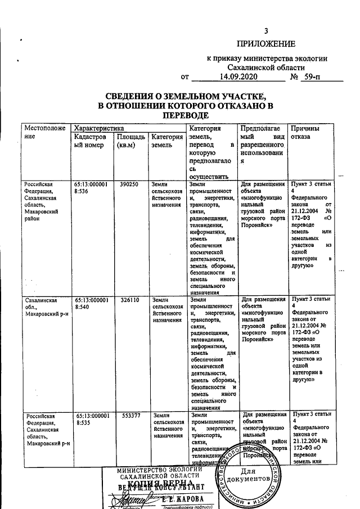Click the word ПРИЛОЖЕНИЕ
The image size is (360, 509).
pos(266,44)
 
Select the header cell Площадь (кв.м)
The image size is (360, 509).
pos(130,142)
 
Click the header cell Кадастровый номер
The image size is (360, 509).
pos(90,142)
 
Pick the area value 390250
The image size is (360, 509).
pos(130,184)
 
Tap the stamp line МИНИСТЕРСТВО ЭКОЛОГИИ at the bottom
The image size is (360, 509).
pos(159,470)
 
